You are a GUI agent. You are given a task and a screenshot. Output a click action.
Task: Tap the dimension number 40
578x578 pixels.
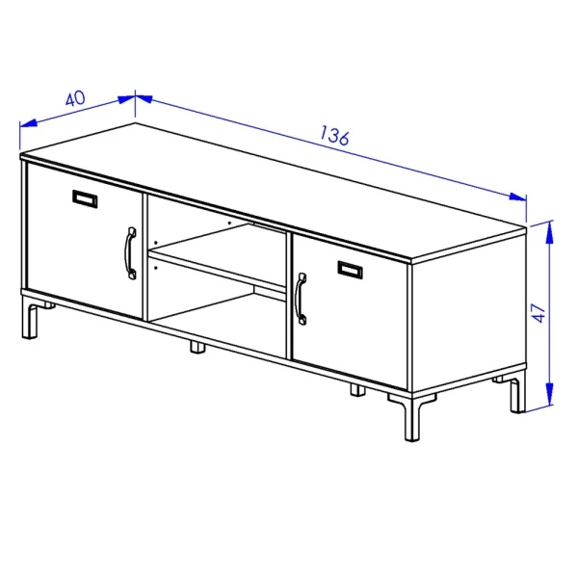pyautogui.click(x=75, y=99)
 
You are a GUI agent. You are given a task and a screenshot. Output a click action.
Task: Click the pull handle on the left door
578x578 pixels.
pyautogui.click(x=130, y=253)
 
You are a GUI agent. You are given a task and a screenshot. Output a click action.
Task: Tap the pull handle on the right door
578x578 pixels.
pyautogui.click(x=302, y=299)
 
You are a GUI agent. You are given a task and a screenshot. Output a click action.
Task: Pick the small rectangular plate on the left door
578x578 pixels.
pyautogui.click(x=86, y=198)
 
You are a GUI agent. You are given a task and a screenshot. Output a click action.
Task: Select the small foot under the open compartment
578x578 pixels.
pyautogui.click(x=197, y=346)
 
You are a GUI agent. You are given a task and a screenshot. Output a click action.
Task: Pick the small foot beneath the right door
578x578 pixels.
pyautogui.click(x=356, y=390)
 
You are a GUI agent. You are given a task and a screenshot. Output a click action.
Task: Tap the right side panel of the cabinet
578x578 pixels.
pyautogui.click(x=469, y=318)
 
